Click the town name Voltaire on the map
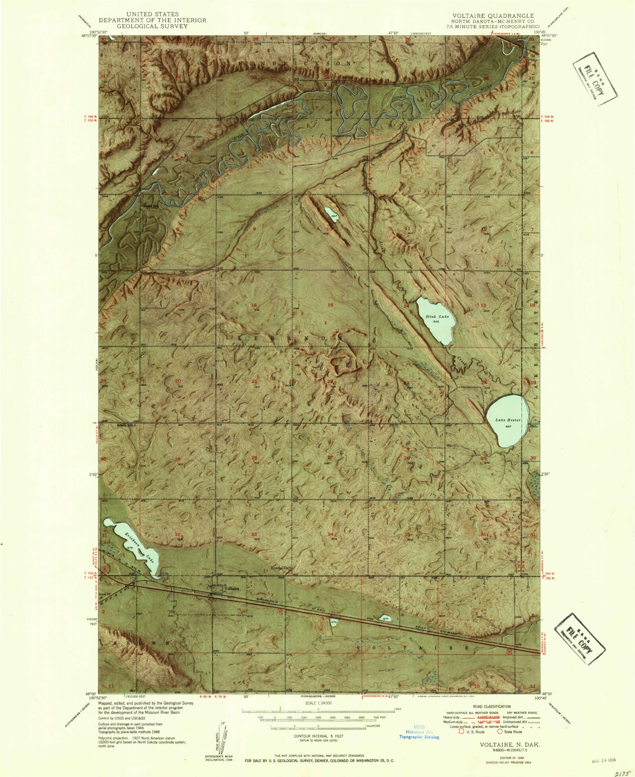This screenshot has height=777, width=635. coord(232,589)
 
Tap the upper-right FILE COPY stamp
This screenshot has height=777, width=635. coord(595,79)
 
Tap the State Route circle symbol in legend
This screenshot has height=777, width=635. coord(500,732)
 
